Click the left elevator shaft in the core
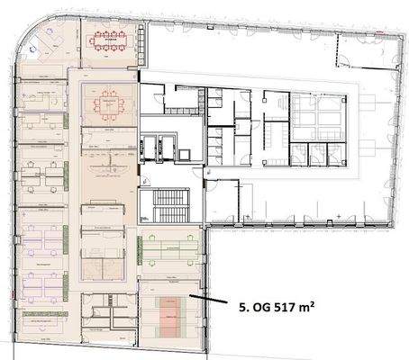pyautogui.click(x=150, y=145)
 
